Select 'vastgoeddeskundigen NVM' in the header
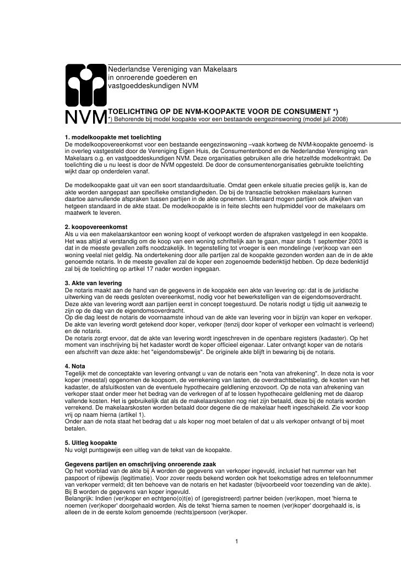click(150, 86)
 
